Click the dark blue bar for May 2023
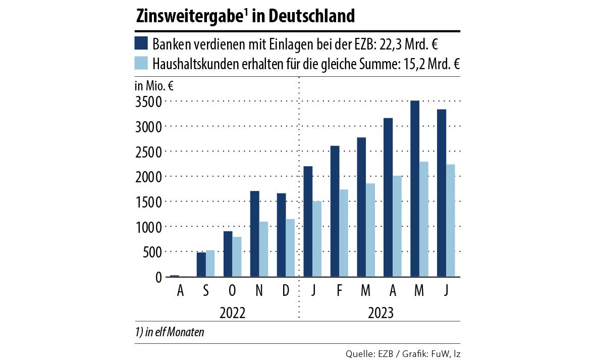[x=415, y=189]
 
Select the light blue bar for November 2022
[x=263, y=249]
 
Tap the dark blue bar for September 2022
[x=201, y=265]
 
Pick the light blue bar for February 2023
[x=344, y=233]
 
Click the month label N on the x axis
[x=259, y=292]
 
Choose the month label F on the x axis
[x=339, y=292]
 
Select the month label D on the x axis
[x=286, y=292]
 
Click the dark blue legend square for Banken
[x=141, y=43]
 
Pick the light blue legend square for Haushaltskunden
[x=141, y=63]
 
